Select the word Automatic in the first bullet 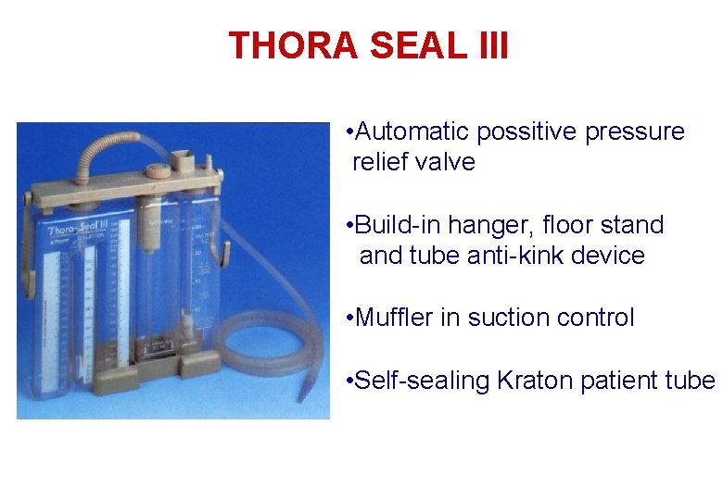tap(414, 132)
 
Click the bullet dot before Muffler tap(346, 318)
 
